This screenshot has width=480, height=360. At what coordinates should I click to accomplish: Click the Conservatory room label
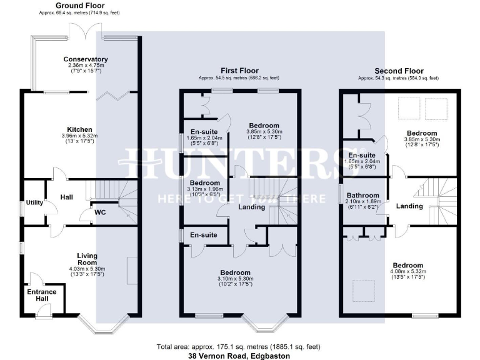pos(86,59)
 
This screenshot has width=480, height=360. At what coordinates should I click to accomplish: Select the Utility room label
pos(34,203)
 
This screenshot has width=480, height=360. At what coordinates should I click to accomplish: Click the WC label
pos(100,212)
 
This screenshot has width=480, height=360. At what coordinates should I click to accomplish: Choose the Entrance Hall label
pos(42,296)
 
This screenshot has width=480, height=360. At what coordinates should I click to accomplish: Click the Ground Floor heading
pos(65,5)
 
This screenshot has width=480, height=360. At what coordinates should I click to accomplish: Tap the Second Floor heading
pos(398,71)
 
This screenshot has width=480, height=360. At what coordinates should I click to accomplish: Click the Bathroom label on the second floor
pos(363,196)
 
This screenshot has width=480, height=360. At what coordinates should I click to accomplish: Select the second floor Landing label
pos(410,206)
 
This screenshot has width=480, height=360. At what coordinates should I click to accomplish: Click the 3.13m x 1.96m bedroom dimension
pos(205,189)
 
